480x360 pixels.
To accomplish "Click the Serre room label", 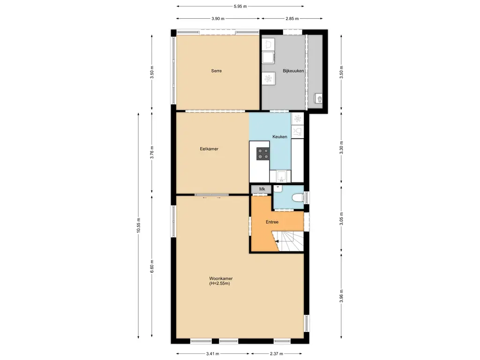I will (x=216, y=71).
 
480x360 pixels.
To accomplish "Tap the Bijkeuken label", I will (x=293, y=71).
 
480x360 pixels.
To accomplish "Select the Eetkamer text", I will (x=209, y=149).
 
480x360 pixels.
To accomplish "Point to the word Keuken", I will (x=280, y=136).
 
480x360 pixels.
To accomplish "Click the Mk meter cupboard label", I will (x=262, y=189).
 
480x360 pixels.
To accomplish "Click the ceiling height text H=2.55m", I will (x=220, y=284).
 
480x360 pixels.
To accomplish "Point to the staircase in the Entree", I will (x=291, y=241).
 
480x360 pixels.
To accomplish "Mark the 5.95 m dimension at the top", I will (x=240, y=7).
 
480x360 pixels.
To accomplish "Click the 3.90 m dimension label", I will (x=218, y=19).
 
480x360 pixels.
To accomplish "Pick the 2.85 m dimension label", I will (x=292, y=19).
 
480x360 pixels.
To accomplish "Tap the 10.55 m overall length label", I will (x=138, y=226).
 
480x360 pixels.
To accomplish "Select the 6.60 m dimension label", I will (x=151, y=268).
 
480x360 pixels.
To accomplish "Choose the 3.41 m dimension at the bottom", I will (x=213, y=354).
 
